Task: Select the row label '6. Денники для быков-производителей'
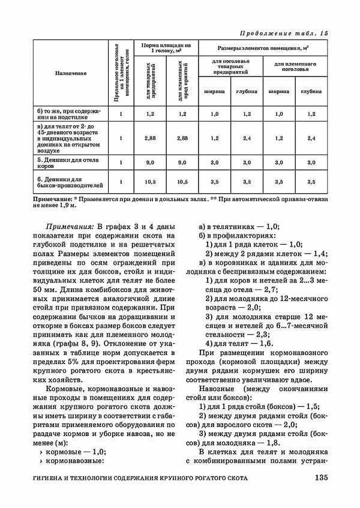click(69, 182)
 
